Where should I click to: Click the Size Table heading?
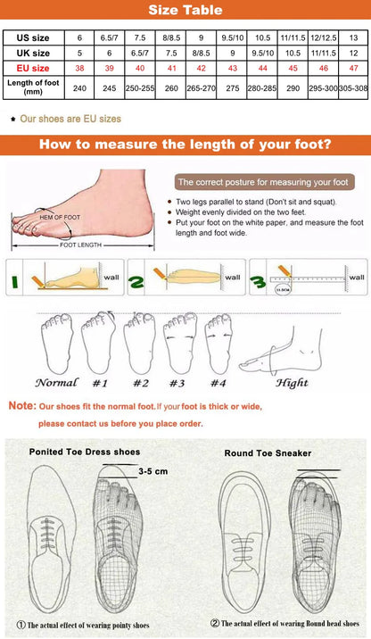click(185, 10)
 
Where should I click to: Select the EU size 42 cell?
click(201, 68)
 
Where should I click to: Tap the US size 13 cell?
click(354, 37)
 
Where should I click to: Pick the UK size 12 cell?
click(354, 53)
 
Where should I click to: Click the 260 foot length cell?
click(171, 88)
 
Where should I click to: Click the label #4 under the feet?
click(216, 383)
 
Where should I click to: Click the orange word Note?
click(21, 405)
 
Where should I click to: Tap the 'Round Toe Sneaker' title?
click(268, 453)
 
